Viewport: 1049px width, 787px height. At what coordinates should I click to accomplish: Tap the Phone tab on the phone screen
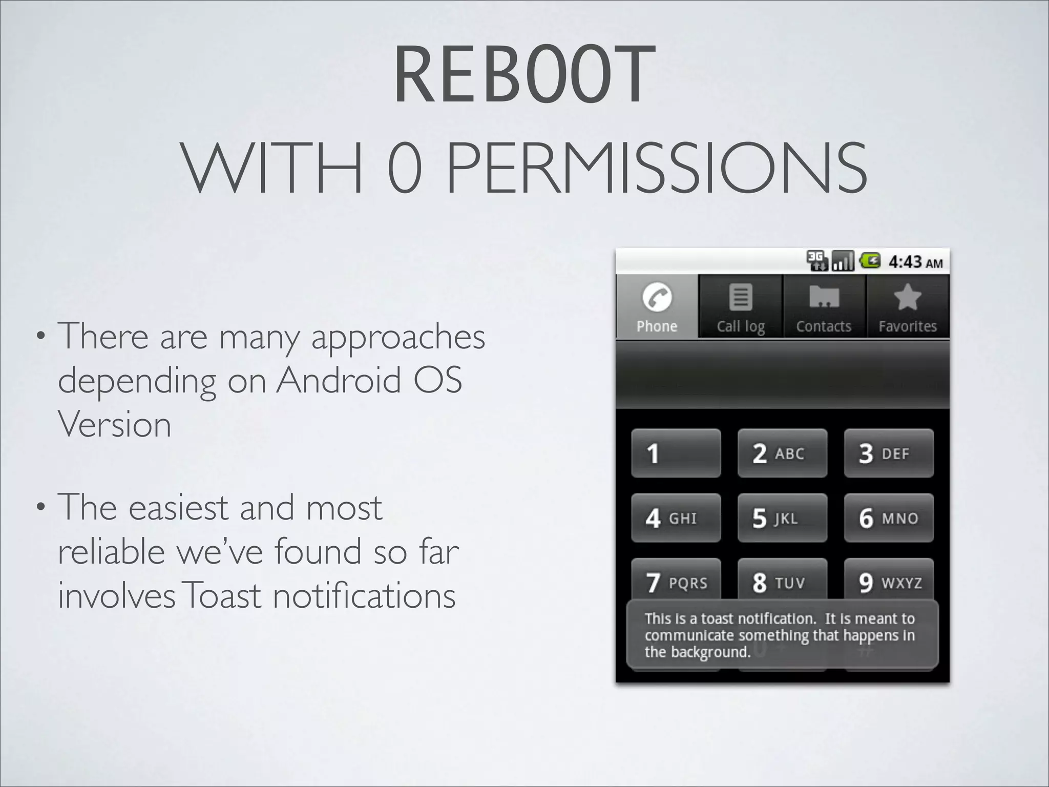(x=657, y=306)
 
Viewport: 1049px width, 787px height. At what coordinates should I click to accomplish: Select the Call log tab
(x=740, y=306)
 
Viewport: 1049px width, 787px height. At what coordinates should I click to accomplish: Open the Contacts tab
(x=824, y=306)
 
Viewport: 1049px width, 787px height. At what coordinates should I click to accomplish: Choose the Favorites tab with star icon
(x=907, y=306)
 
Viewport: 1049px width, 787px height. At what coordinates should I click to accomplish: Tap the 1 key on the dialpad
(x=676, y=453)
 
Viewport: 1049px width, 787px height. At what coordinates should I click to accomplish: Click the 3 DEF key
(x=889, y=453)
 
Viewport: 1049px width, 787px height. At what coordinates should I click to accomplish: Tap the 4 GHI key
(x=676, y=518)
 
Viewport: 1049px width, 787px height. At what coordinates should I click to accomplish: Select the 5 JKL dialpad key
(x=782, y=518)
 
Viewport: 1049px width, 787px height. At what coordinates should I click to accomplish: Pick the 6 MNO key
(x=889, y=518)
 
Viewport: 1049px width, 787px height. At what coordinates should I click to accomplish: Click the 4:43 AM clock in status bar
(x=915, y=262)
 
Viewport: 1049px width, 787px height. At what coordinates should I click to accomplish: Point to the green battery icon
(x=870, y=261)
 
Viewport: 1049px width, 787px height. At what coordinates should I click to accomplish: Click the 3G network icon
(x=816, y=261)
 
